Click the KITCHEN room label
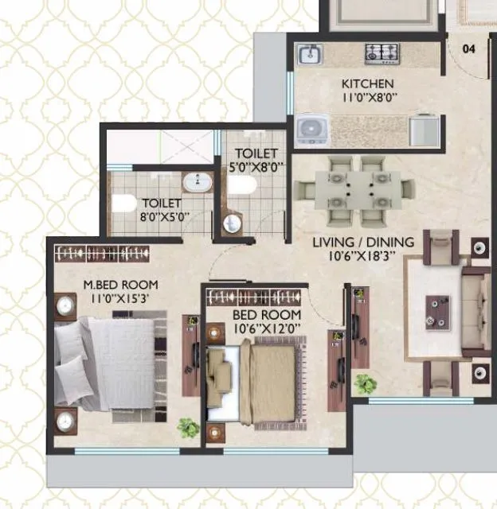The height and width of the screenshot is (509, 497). (367, 84)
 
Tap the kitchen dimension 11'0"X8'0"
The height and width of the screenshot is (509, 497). (367, 98)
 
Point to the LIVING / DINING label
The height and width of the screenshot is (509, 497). (362, 243)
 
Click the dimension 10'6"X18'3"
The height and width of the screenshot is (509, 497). (362, 257)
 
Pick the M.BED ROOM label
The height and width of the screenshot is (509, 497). (121, 285)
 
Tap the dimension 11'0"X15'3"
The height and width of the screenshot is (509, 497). (121, 299)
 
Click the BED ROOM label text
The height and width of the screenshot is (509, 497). (267, 315)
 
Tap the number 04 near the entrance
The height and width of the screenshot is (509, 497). (469, 49)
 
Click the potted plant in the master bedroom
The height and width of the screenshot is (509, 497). (187, 429)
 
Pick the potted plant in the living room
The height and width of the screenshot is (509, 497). (366, 384)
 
